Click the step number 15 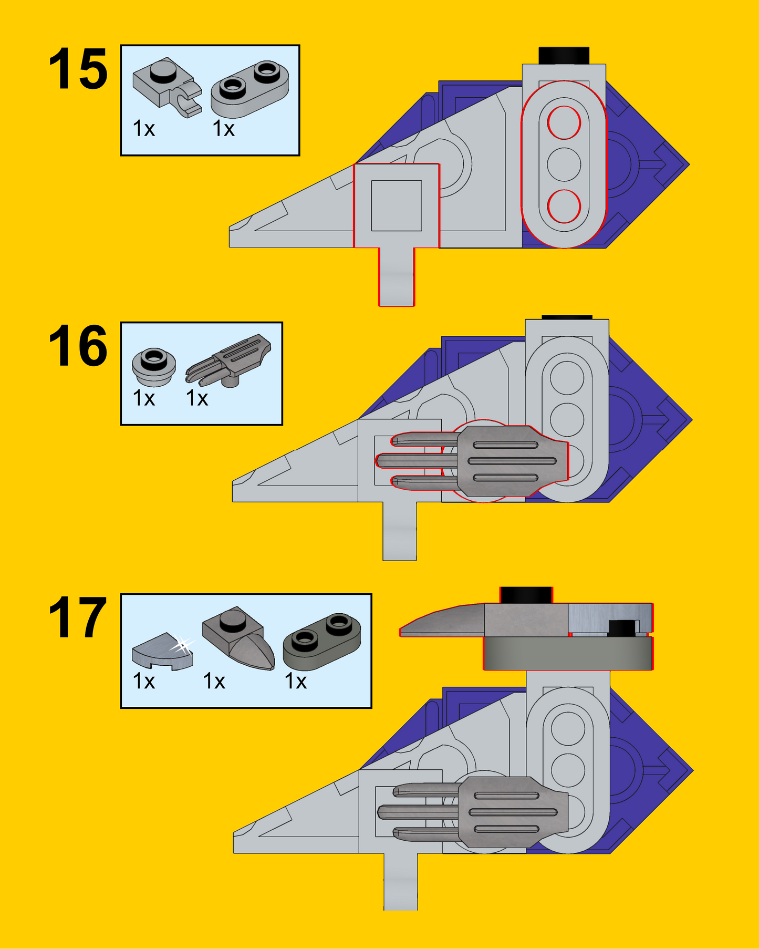78,69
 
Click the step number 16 78,346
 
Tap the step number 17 78,618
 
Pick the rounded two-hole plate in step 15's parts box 249,88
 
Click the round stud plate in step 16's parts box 153,366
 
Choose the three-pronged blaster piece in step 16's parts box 229,359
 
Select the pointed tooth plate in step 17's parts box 239,638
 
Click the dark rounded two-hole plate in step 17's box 322,641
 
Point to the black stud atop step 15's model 564,55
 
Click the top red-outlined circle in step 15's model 564,122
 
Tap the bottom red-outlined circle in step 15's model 564,206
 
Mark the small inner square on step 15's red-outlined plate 397,205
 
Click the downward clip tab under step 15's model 397,277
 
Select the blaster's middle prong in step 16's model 415,461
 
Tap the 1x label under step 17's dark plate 296,682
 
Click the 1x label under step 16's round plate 144,398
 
